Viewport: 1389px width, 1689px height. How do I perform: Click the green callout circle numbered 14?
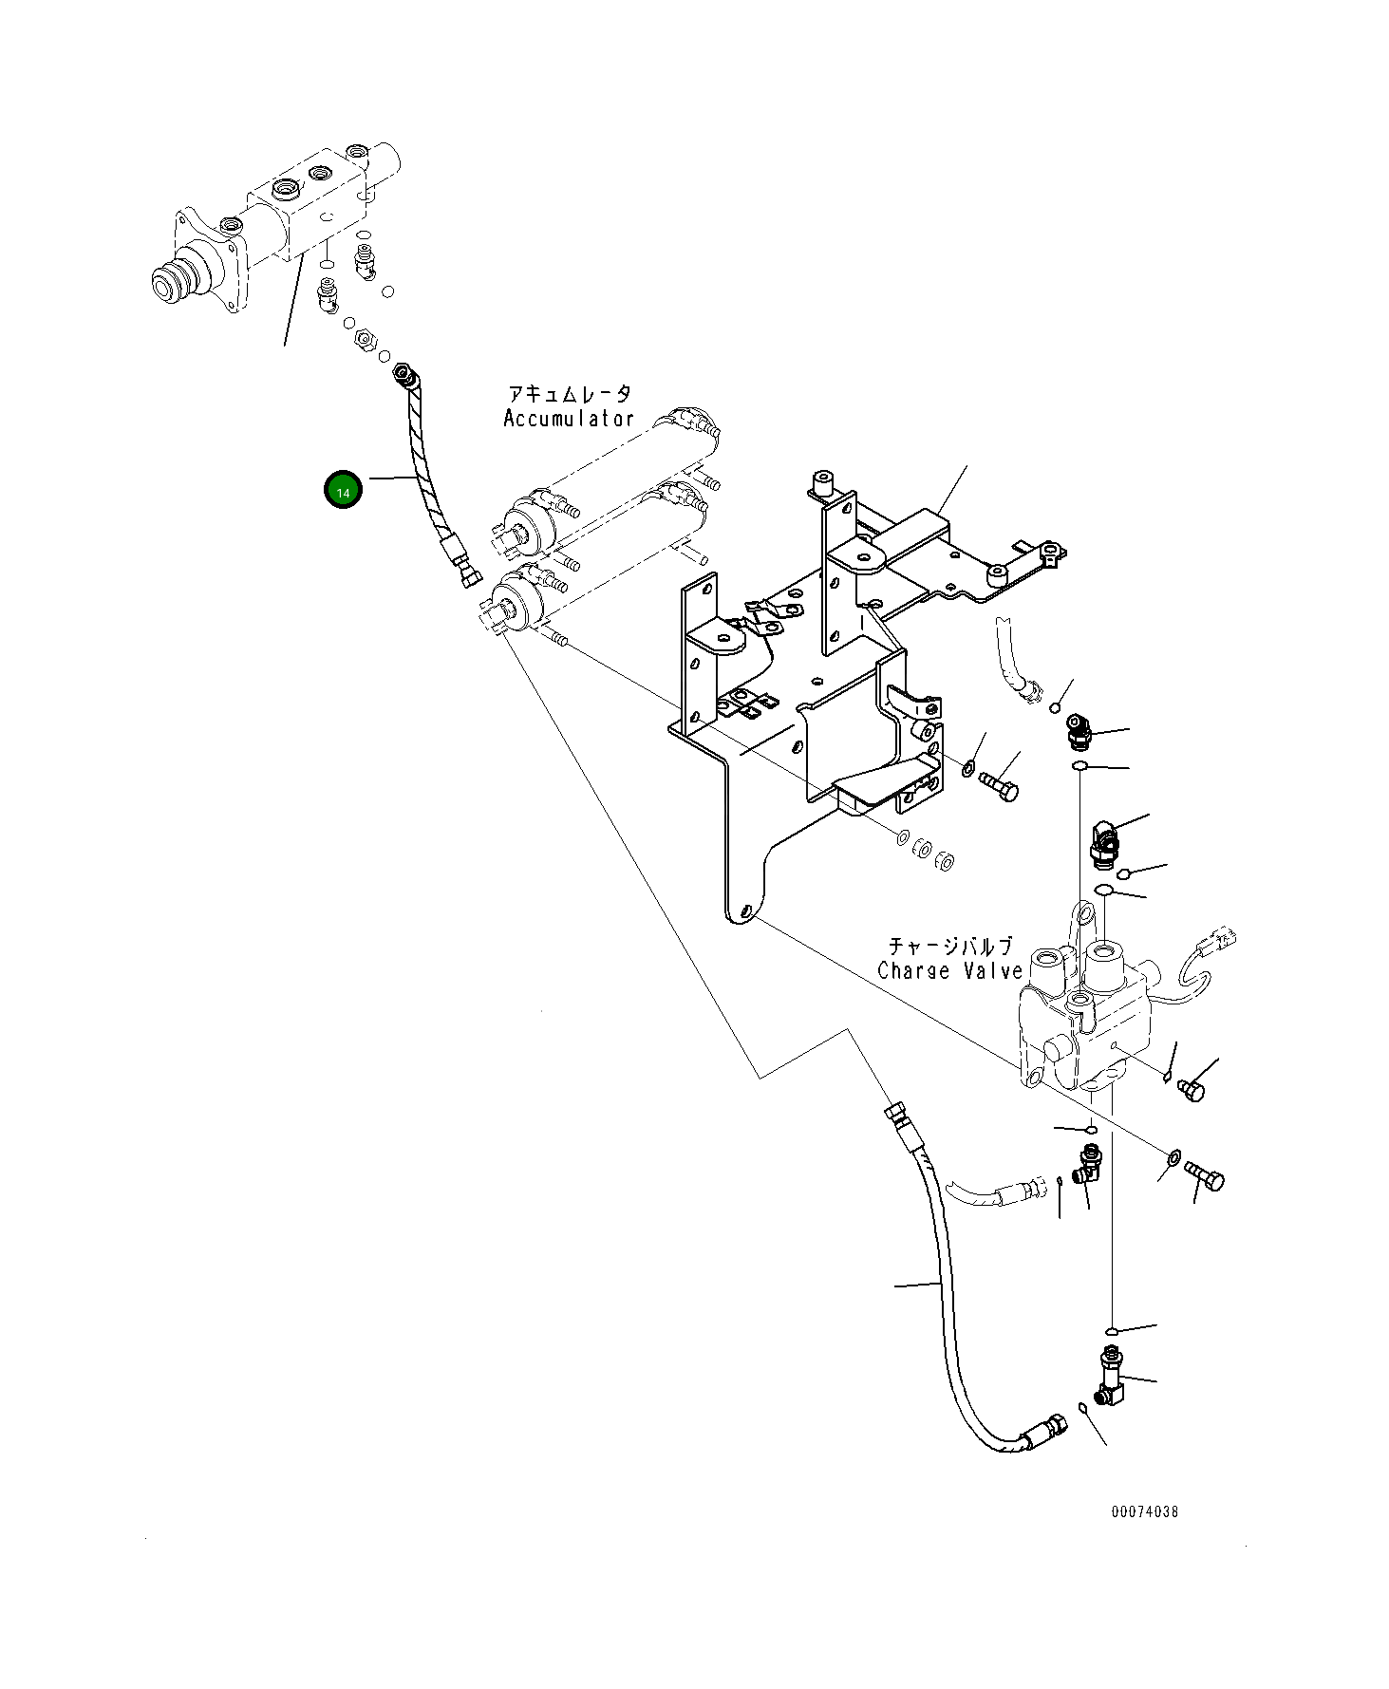pos(343,490)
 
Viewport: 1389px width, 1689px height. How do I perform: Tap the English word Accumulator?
pos(568,419)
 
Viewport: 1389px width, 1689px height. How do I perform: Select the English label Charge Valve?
pos(950,970)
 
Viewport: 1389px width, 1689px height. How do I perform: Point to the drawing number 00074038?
pos(1144,1511)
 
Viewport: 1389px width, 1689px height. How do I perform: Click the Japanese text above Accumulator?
pos(569,393)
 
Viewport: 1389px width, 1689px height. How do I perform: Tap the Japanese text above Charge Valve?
pos(950,946)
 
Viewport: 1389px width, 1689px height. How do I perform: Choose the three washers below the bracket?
pos(926,849)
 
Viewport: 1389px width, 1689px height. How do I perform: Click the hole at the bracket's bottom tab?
pos(745,912)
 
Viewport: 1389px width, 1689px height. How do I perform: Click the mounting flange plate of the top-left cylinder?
pos(206,265)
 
